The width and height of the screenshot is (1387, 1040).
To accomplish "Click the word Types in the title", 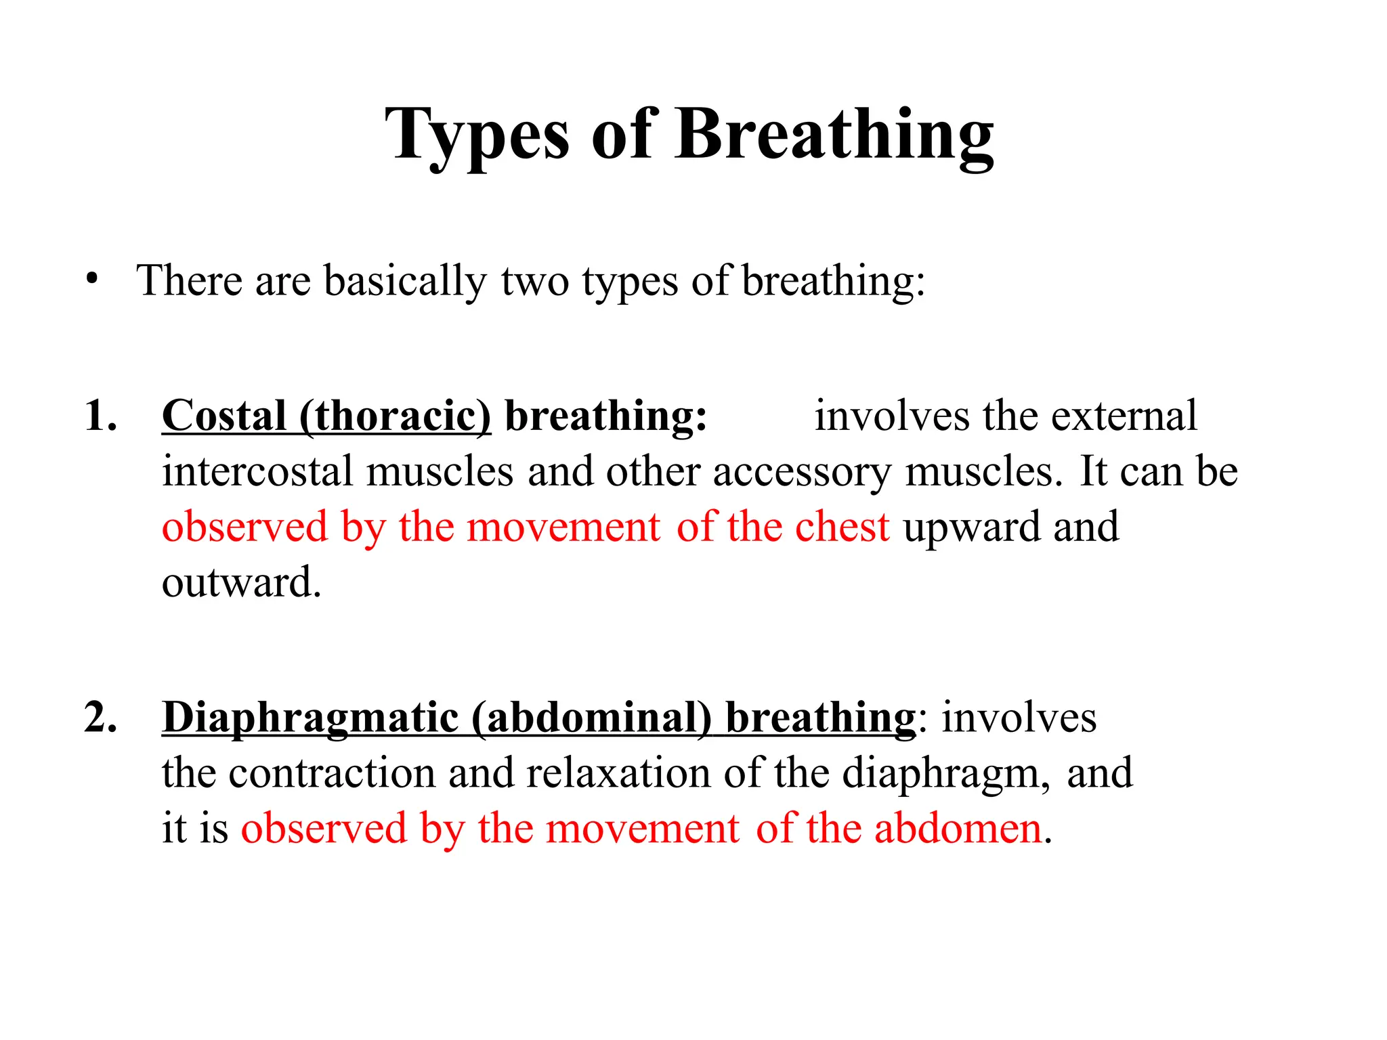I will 477,136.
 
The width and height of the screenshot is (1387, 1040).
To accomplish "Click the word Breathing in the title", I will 834,136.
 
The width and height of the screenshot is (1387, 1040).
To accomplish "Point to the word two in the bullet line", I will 534,281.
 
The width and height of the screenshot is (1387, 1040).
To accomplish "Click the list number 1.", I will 100,415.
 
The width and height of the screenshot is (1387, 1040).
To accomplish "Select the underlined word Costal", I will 224,415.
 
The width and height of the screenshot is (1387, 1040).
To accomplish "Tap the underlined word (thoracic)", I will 396,415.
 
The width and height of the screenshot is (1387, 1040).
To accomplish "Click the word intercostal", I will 257,471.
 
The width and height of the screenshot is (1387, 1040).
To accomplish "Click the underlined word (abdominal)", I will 592,718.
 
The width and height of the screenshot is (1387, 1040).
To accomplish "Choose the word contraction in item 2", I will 332,773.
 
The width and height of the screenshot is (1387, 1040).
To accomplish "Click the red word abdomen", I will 958,828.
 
